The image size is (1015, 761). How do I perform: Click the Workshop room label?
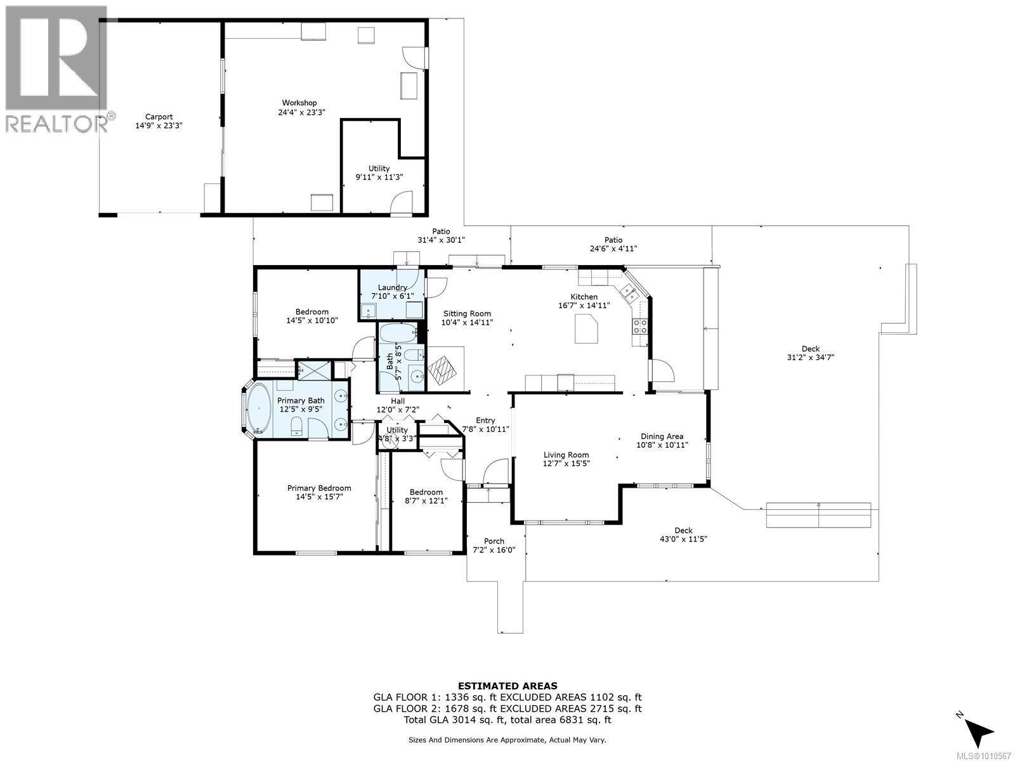(x=299, y=103)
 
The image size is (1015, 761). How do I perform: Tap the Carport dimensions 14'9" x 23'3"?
(x=159, y=126)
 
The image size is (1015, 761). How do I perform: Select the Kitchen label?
(x=584, y=297)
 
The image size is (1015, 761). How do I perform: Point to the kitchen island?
(x=586, y=328)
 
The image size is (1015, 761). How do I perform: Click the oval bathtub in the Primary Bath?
(x=259, y=408)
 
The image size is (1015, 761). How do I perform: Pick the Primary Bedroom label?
(x=319, y=488)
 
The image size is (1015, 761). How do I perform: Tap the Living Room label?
(x=566, y=455)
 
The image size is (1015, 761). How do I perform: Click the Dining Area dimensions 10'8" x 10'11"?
(x=662, y=445)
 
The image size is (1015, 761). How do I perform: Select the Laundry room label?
(x=392, y=288)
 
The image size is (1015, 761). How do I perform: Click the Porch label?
(x=494, y=541)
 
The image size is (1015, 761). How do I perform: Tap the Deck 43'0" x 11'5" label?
(x=683, y=535)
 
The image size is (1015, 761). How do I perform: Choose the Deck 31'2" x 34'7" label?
(x=810, y=353)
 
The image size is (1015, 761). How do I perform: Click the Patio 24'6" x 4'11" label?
(x=613, y=244)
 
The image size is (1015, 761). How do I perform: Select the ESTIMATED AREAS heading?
(x=507, y=686)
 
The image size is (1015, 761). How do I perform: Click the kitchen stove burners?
(x=640, y=326)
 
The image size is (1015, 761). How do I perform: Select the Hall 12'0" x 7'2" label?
(x=398, y=405)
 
